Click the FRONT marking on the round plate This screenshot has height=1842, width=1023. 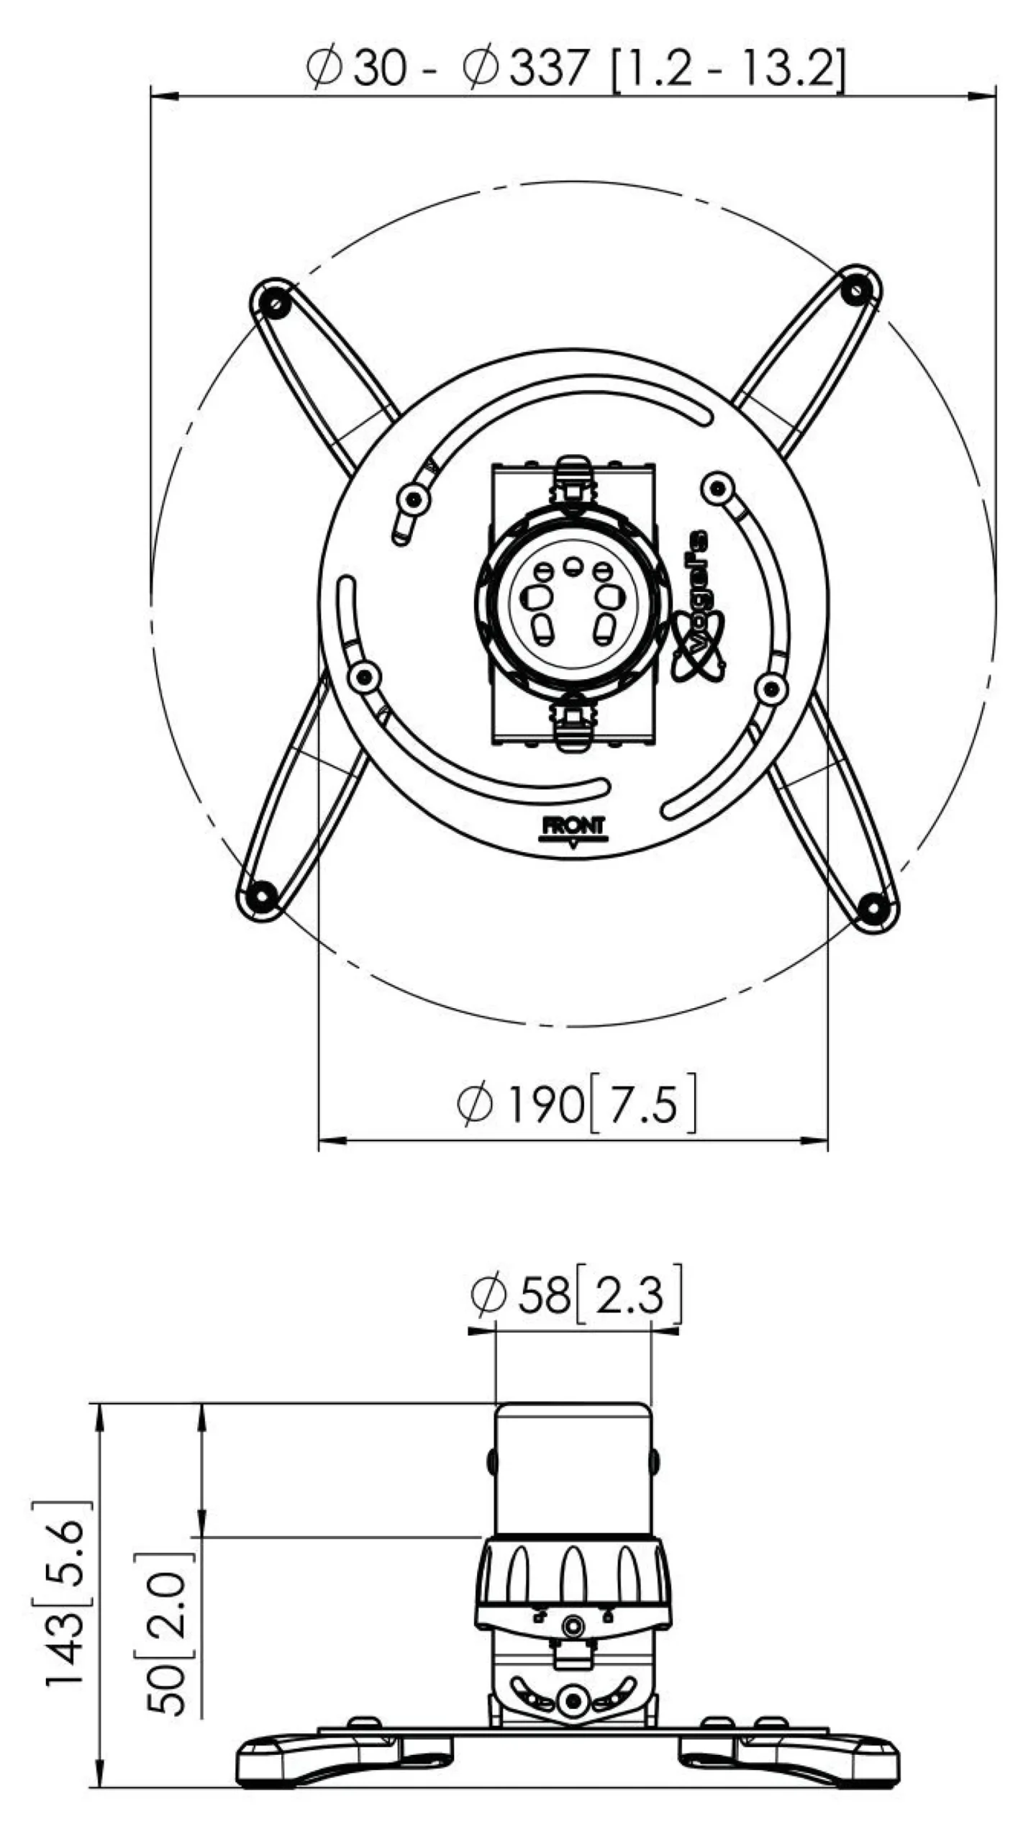click(x=573, y=827)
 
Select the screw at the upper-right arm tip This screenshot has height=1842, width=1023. click(x=856, y=289)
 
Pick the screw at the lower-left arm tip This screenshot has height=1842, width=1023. click(x=262, y=896)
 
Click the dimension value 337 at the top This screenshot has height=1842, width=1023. click(x=549, y=68)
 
